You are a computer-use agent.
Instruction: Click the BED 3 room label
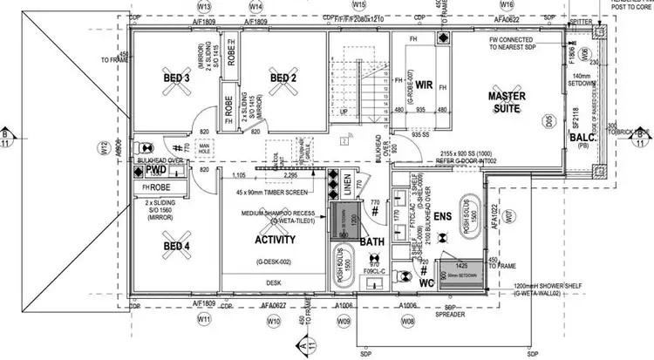[177, 78]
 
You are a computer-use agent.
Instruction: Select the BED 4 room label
[177, 246]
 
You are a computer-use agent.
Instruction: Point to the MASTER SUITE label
[504, 101]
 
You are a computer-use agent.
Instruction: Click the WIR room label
[425, 85]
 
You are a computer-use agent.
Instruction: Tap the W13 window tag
[205, 5]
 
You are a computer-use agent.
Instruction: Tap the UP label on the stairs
[343, 113]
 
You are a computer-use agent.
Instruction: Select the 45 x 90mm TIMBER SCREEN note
[271, 191]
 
